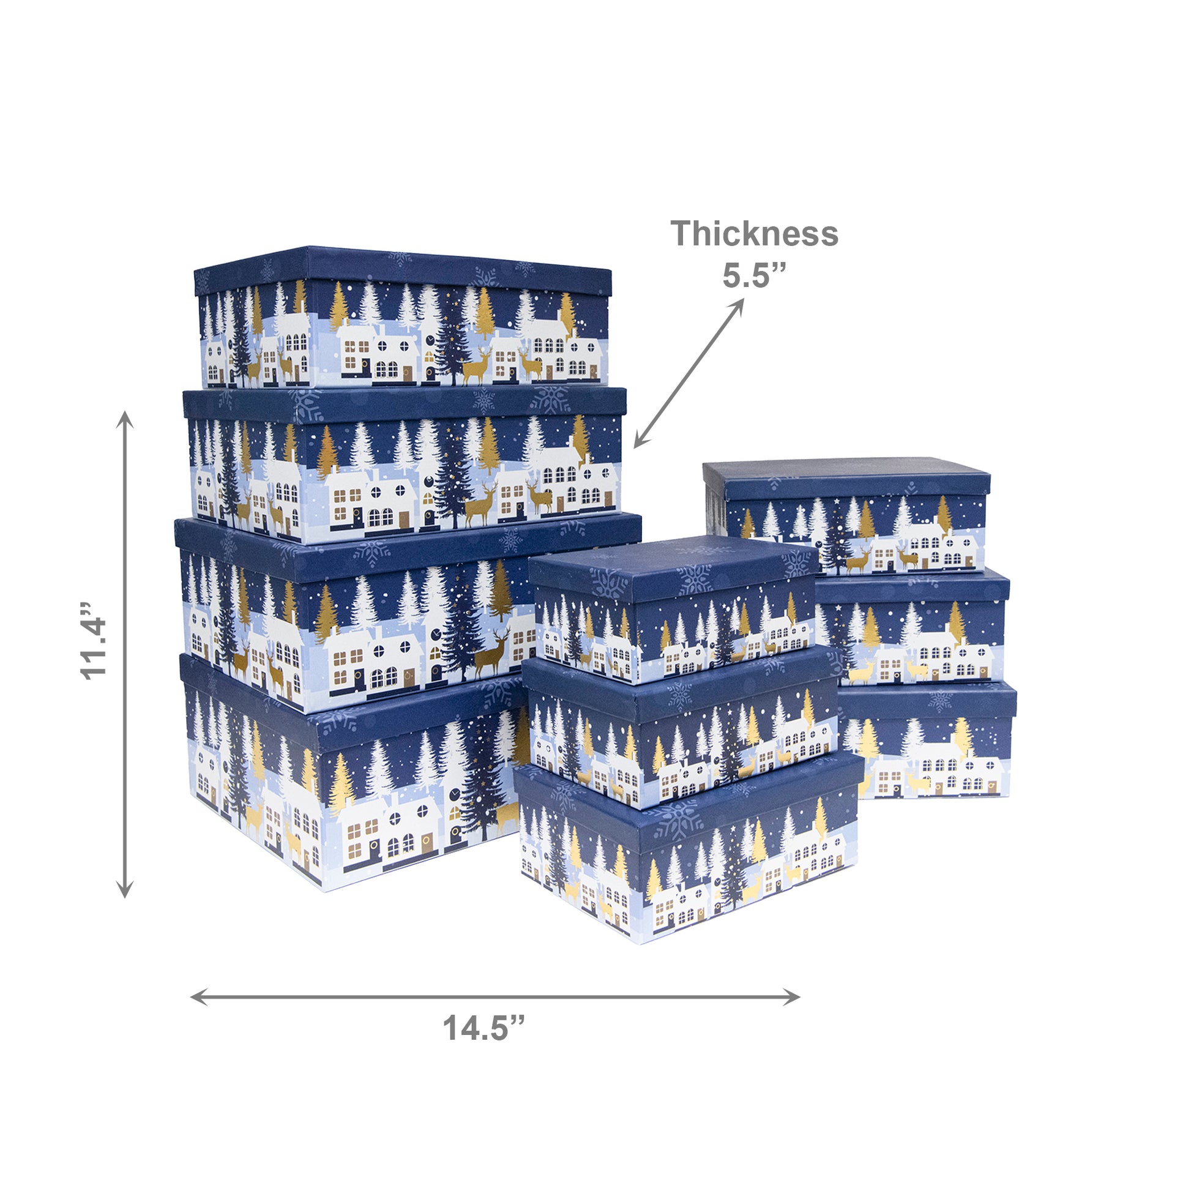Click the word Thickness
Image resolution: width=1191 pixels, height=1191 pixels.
pos(755,234)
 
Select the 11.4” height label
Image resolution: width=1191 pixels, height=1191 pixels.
pos(94,641)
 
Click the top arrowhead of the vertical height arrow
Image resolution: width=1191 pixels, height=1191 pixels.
pos(125,419)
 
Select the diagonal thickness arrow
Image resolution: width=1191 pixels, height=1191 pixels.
pos(689,373)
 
